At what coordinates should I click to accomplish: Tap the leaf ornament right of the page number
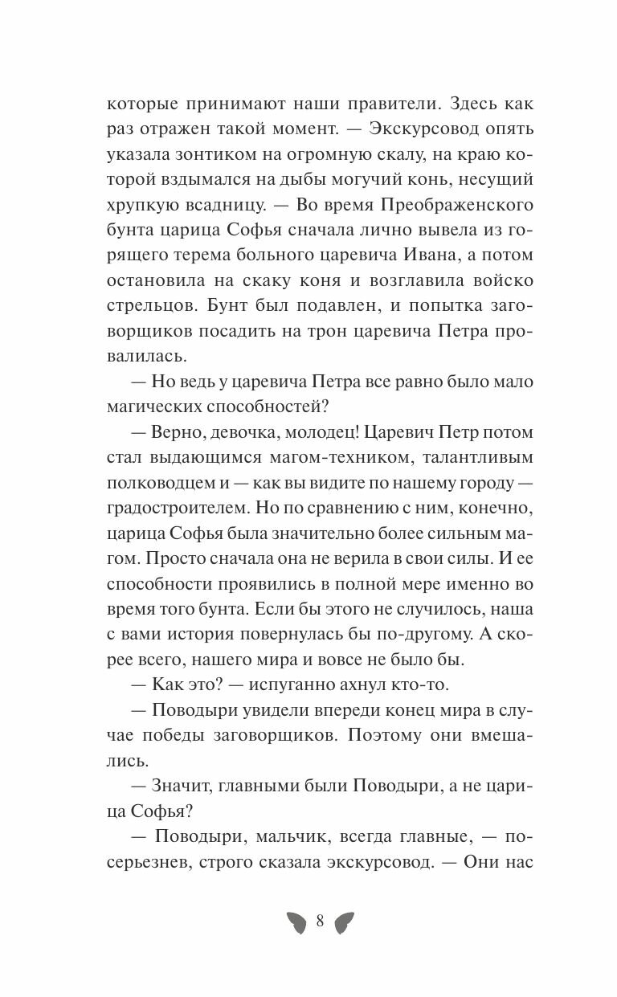345,922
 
